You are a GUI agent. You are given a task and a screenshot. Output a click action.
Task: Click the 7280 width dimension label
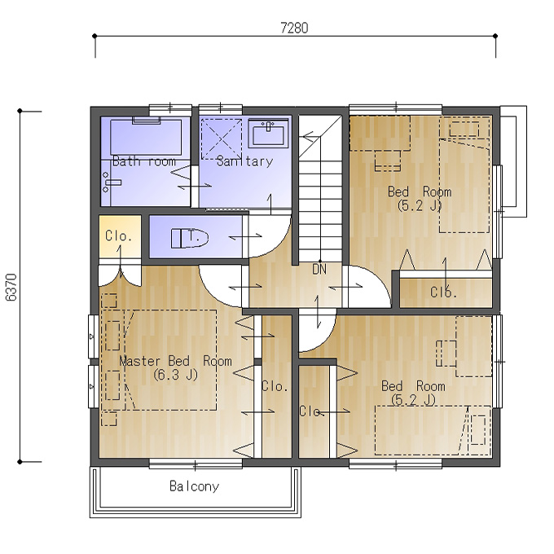[294, 28]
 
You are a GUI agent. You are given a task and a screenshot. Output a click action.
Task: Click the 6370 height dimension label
[11, 288]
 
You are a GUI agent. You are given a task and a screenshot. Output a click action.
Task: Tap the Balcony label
[195, 486]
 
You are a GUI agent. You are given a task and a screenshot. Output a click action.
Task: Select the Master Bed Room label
[176, 361]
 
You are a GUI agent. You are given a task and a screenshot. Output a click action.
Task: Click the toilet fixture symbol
[189, 238]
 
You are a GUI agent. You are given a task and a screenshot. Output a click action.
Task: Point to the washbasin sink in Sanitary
[268, 133]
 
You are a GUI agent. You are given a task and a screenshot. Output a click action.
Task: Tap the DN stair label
[319, 270]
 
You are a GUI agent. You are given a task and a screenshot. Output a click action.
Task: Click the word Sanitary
[245, 161]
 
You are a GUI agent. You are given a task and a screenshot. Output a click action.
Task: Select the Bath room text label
[144, 161]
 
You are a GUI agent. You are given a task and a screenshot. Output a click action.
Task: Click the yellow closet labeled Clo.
[120, 236]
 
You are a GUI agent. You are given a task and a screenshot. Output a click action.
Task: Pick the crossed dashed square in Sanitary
[221, 139]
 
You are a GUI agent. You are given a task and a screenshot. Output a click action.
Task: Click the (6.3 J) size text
[176, 375]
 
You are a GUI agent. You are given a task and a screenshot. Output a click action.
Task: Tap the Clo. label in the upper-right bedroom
[444, 292]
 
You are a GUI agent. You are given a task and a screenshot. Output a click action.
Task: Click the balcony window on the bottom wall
[196, 464]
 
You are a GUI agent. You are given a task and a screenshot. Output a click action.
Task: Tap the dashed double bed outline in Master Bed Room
[170, 360]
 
